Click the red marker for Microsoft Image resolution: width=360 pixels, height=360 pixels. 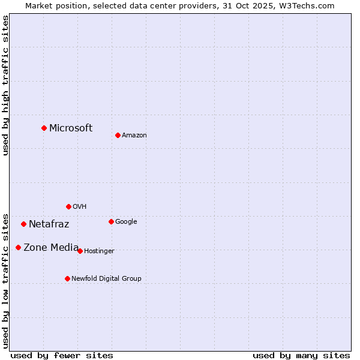tap(44, 128)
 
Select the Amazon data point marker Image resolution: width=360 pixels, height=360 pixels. tap(118, 135)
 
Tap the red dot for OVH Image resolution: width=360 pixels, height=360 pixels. tap(68, 206)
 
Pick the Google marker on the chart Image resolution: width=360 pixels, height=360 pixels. tap(111, 221)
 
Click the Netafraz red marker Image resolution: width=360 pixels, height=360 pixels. tap(23, 224)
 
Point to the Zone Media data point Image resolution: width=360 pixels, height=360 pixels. tap(18, 247)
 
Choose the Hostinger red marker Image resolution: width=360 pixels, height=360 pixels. tap(80, 251)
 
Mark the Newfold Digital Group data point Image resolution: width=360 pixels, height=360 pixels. tap(67, 278)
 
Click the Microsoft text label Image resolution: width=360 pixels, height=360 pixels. tap(71, 128)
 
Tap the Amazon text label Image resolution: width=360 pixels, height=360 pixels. tap(134, 136)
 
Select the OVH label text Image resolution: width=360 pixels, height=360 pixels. tap(80, 207)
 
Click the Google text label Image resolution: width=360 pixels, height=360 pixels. tap(126, 222)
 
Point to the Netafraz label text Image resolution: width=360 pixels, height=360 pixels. tap(49, 224)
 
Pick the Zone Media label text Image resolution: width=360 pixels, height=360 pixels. tap(51, 247)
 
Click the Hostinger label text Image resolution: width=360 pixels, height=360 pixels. tap(99, 251)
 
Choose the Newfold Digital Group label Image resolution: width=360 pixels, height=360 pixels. tap(106, 279)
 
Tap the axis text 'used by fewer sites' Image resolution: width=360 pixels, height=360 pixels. tap(62, 355)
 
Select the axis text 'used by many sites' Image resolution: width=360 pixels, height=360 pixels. tap(301, 355)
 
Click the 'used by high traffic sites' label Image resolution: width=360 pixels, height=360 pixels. tap(6, 85)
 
